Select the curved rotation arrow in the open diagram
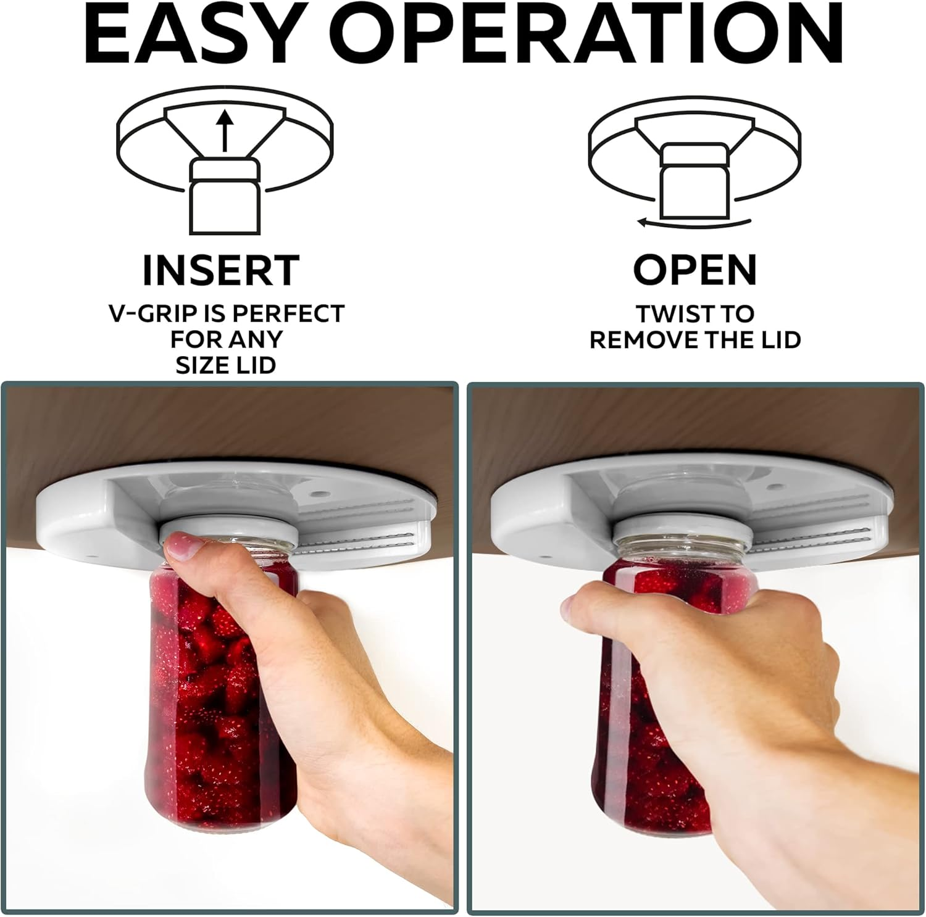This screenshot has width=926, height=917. point(694,222)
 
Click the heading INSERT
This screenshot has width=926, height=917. point(221,270)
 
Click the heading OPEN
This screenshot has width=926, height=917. point(694,270)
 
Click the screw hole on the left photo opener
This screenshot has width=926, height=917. point(319,494)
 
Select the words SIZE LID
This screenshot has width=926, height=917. point(225,365)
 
